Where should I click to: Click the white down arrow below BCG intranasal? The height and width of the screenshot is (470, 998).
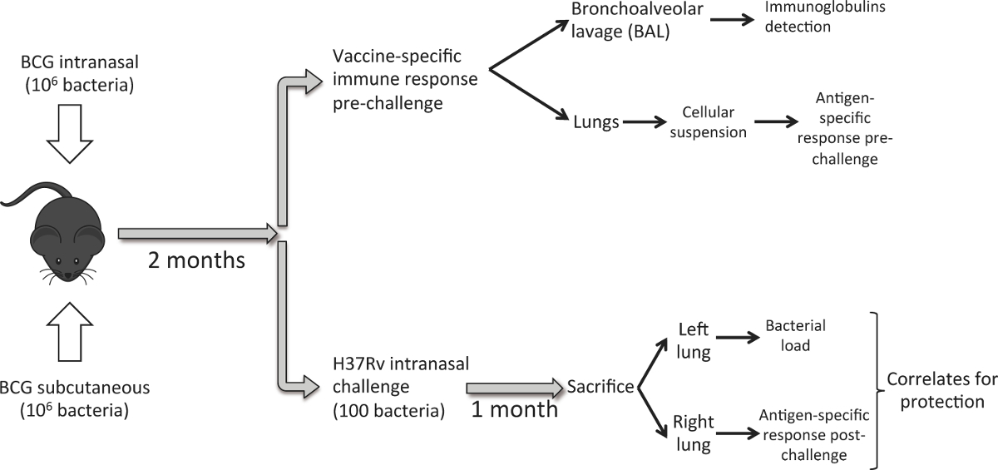coord(70,134)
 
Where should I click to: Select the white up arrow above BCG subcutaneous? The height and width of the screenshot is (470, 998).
coord(70,332)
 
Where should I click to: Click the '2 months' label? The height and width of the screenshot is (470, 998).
coord(196,260)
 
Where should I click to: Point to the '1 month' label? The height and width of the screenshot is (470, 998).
coord(515,409)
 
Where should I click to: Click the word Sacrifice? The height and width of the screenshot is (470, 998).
coord(600,387)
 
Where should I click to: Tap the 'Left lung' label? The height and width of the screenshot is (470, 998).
coord(694,341)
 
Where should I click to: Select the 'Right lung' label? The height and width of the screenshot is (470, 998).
coord(694,433)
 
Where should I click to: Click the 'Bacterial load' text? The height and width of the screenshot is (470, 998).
coord(795,335)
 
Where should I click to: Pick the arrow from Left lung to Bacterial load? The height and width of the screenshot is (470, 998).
coord(738,338)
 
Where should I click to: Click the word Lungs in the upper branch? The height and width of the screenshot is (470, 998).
coord(596,122)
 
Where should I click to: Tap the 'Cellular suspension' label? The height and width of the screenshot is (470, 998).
coord(708,122)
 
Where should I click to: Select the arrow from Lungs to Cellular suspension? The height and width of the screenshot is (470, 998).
coord(645,121)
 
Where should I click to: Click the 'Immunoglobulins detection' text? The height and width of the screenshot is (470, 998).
coord(825,17)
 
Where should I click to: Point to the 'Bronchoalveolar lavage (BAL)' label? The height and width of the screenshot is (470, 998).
coord(637,21)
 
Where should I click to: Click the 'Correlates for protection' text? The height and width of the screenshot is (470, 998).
coord(941,391)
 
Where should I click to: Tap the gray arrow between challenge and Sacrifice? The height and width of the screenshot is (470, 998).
coord(515,388)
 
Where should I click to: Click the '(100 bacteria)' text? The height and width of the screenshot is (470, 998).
coord(389,410)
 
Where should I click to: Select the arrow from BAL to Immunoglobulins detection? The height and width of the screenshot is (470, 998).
coord(733,19)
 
